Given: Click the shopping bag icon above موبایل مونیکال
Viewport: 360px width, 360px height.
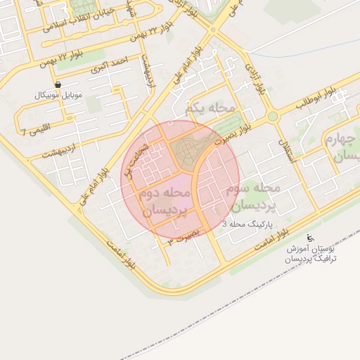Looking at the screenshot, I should click(58, 84).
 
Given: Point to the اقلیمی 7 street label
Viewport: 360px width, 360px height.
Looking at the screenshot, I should click(33, 130).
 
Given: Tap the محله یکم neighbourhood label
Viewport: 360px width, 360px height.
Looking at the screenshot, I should click(208, 109).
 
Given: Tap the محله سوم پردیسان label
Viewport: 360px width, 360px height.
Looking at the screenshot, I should click(254, 197).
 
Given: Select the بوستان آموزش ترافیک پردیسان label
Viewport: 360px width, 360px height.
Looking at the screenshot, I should click(311, 253).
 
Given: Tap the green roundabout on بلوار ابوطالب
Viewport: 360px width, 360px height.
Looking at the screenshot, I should click(273, 115).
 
